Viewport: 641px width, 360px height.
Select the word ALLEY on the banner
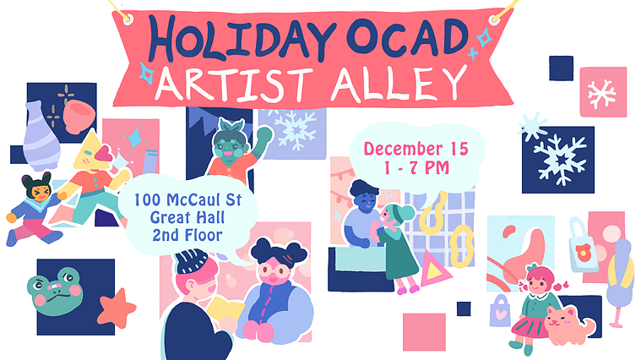point(399,84)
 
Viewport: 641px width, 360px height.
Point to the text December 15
point(416,149)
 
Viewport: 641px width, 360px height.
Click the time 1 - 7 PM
point(416,167)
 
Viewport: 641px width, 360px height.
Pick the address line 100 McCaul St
point(187,200)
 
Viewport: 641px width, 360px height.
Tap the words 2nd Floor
point(187,235)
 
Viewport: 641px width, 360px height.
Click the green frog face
point(55,292)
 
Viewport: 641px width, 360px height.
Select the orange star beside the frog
point(117,308)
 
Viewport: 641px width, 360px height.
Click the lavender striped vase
point(41,136)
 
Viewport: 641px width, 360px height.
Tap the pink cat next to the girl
point(569,325)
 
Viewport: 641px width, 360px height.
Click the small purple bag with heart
point(500,311)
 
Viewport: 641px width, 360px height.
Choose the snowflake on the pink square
point(601,94)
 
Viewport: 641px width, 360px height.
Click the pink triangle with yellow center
point(435,270)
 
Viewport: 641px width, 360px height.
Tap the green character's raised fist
point(264,135)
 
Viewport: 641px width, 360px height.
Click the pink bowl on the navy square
point(79,117)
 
